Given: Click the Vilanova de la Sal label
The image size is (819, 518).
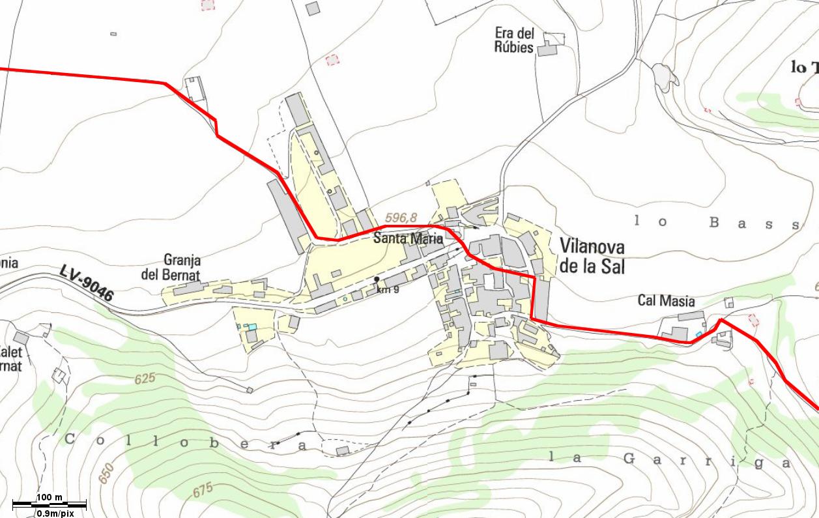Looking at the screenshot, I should (592, 256).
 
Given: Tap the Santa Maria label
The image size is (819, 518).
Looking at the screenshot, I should (408, 238).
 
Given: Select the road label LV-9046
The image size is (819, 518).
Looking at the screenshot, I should (87, 282).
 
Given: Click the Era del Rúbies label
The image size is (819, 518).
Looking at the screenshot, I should (515, 40).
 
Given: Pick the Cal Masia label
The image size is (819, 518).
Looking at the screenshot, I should (666, 300).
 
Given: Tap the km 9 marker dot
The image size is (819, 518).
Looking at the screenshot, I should (377, 280).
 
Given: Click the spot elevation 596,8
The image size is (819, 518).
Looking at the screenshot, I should (401, 217).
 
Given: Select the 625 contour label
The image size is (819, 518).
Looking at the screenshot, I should (145, 378).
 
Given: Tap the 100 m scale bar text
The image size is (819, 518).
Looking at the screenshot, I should (50, 498).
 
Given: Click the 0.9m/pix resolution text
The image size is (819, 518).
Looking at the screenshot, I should (55, 513).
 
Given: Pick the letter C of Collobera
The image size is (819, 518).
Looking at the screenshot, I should (70, 439).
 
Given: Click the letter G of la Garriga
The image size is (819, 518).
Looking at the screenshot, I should (629, 459).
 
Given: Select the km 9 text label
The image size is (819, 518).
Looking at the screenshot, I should (387, 289).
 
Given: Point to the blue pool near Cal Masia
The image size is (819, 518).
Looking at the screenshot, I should (699, 334).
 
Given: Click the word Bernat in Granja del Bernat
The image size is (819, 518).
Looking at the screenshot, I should (181, 274).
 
